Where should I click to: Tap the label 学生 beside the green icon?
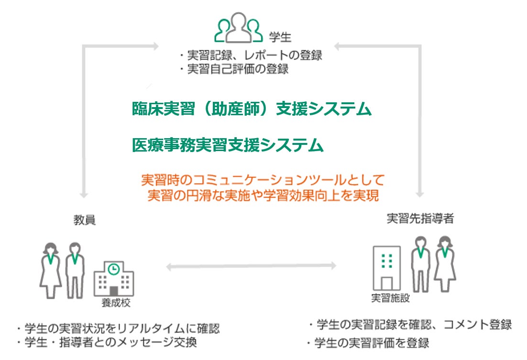click(x=281, y=37)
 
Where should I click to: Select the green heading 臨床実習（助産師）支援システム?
click(x=252, y=109)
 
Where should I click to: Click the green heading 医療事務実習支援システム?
click(x=228, y=145)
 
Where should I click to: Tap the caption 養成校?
click(x=115, y=304)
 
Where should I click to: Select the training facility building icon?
click(x=386, y=267)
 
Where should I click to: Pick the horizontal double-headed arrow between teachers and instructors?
click(x=251, y=264)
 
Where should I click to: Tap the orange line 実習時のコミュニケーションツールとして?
click(x=263, y=180)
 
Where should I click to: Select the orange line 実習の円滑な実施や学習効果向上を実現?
click(x=263, y=196)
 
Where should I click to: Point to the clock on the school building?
click(x=114, y=269)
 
